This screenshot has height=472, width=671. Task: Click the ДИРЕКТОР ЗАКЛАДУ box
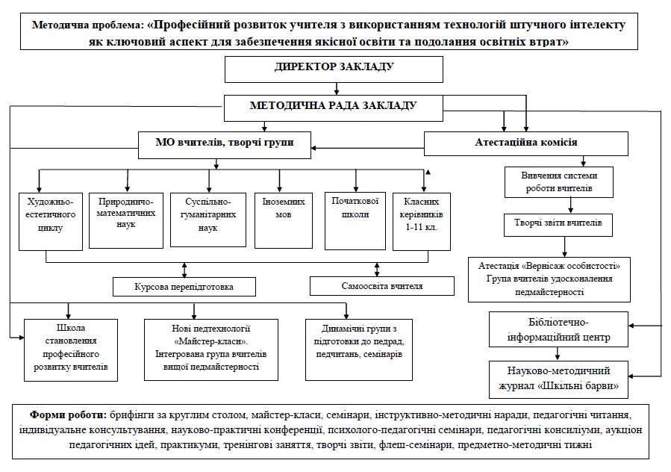334,69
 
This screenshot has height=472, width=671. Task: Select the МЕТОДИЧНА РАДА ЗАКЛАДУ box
334,108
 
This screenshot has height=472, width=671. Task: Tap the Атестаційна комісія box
526,143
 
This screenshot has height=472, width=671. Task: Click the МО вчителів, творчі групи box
225,145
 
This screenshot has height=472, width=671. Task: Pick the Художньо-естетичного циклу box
51,222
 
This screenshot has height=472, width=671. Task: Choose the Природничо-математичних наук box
126,220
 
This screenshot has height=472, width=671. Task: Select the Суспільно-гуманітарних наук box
208,220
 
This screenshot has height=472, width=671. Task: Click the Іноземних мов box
284,220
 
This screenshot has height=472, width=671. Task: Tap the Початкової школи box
355,221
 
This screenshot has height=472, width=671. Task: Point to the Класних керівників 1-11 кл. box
422,222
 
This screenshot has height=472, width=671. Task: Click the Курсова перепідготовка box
184,287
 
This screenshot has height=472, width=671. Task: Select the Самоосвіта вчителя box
381,286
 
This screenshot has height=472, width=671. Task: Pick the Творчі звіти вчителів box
558,225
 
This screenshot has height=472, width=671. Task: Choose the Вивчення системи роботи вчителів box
559,182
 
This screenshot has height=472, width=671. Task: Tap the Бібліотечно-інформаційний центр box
558,329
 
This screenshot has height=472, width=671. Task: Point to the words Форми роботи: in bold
68,414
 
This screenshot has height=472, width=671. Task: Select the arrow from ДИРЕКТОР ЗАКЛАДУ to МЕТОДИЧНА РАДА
337,89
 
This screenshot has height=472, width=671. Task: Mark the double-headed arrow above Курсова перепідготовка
184,270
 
